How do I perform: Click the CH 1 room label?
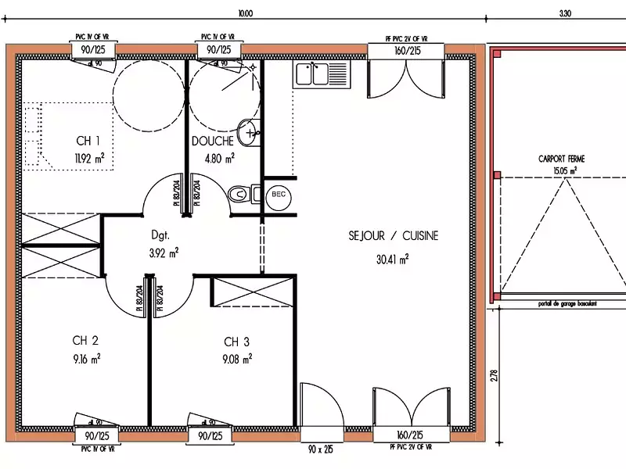(x=88, y=141)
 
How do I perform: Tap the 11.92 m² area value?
(x=89, y=159)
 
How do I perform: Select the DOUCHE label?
(x=212, y=141)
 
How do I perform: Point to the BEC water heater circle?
(x=278, y=194)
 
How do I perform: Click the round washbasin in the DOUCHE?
(x=249, y=132)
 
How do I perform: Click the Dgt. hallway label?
(x=161, y=234)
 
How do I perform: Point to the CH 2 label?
(x=85, y=341)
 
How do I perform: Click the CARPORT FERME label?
(x=561, y=159)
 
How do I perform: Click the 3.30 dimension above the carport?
(x=566, y=13)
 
